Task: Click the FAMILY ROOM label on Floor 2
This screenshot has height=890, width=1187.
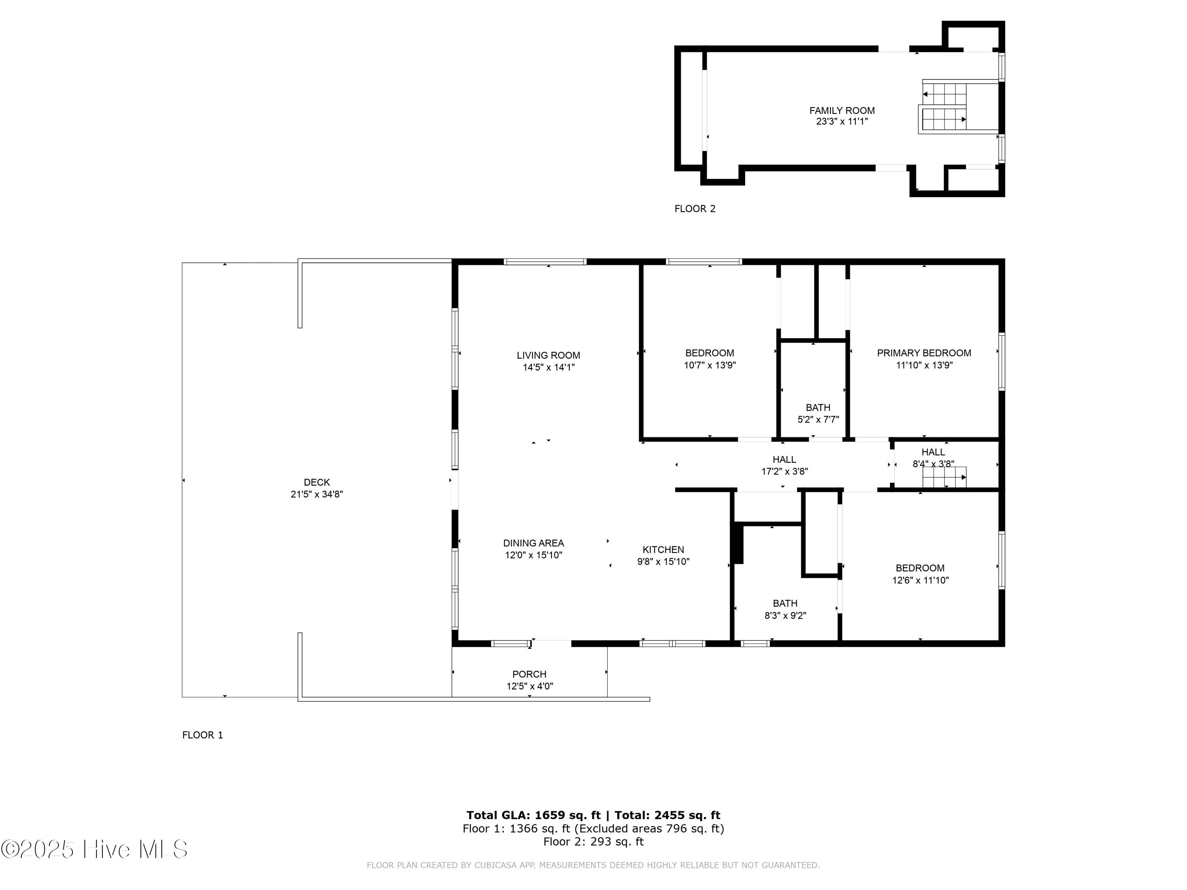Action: pyautogui.click(x=842, y=110)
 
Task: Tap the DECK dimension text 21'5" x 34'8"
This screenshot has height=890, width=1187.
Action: pyautogui.click(x=317, y=494)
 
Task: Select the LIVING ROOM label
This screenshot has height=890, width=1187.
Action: pyautogui.click(x=548, y=355)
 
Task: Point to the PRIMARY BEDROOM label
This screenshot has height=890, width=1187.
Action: pyautogui.click(x=923, y=353)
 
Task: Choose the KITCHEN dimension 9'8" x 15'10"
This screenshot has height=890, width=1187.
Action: pyautogui.click(x=663, y=562)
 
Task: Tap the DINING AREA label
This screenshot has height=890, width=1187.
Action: pyautogui.click(x=533, y=543)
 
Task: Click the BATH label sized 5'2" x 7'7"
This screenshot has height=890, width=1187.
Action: pyautogui.click(x=817, y=408)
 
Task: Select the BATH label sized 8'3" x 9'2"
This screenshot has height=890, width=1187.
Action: pyautogui.click(x=785, y=604)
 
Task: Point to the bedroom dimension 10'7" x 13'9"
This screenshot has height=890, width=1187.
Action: pyautogui.click(x=709, y=365)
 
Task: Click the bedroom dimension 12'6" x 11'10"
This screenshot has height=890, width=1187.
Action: pyautogui.click(x=920, y=580)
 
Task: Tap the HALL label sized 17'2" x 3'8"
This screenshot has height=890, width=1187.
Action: pyautogui.click(x=784, y=460)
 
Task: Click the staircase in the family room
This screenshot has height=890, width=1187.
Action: pyautogui.click(x=944, y=107)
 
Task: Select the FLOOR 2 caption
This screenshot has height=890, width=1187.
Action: pyautogui.click(x=694, y=209)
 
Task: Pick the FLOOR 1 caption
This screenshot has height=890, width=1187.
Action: pyautogui.click(x=202, y=735)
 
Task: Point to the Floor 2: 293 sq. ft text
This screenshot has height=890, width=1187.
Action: pyautogui.click(x=593, y=842)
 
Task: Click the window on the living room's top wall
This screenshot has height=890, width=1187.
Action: pyautogui.click(x=545, y=262)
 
